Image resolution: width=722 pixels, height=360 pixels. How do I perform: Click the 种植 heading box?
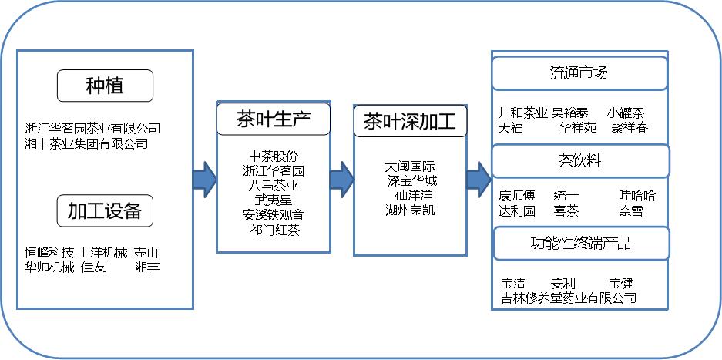coord(105,86)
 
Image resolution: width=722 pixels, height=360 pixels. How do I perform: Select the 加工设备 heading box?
coord(105,210)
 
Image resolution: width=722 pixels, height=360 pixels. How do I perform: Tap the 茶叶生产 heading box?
coord(274,119)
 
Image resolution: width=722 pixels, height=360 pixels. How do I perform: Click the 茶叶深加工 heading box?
coord(410,122)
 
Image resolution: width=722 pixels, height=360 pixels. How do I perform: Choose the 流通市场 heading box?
coord(579,73)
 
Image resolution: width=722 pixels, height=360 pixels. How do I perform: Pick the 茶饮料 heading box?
coord(579,161)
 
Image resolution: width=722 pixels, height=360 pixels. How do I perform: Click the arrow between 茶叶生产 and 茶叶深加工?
coord(341,179)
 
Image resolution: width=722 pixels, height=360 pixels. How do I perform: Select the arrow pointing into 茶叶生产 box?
coord(204,179)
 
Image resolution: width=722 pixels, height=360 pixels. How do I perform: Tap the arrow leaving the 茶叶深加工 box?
coord(479,179)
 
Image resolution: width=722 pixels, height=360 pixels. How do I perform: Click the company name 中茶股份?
coord(273,156)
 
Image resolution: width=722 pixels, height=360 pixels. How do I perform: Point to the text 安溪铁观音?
coord(273,215)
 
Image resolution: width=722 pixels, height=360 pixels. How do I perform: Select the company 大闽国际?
coord(411,167)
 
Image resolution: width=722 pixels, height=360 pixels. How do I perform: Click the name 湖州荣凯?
coord(410,210)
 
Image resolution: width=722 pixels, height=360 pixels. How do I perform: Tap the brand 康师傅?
coord(516,196)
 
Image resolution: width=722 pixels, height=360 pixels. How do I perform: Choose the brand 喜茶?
coord(566,210)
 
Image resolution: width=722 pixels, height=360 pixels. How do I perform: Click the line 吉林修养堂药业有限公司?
coord(569,298)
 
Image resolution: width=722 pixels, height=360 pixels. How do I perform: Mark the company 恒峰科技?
coord(49,253)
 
